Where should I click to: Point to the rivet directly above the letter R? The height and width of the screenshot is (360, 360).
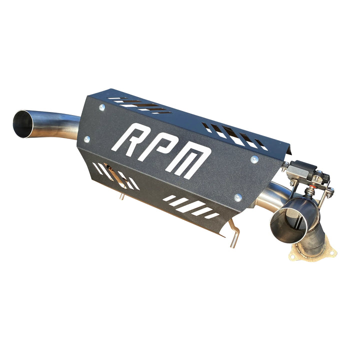click(102, 107)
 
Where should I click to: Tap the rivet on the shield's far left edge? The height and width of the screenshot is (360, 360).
click(86, 139)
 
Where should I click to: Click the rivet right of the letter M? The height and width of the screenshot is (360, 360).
click(254, 159)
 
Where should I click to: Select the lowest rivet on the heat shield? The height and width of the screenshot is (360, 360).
click(238, 197)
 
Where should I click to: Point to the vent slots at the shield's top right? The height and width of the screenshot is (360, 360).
click(235, 134)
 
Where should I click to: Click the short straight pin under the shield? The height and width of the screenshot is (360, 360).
click(122, 197)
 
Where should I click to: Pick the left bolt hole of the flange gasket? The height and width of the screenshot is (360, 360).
click(295, 256)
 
